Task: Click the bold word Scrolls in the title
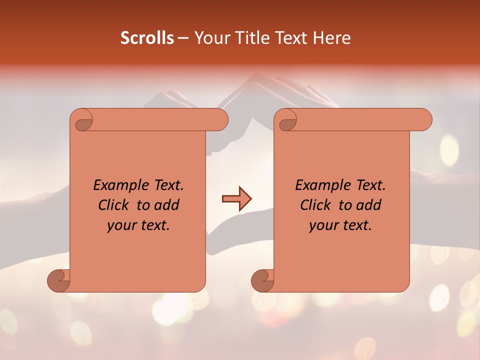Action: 147,38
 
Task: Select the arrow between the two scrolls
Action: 236,199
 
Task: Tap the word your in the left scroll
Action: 121,225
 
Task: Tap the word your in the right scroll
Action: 323,225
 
